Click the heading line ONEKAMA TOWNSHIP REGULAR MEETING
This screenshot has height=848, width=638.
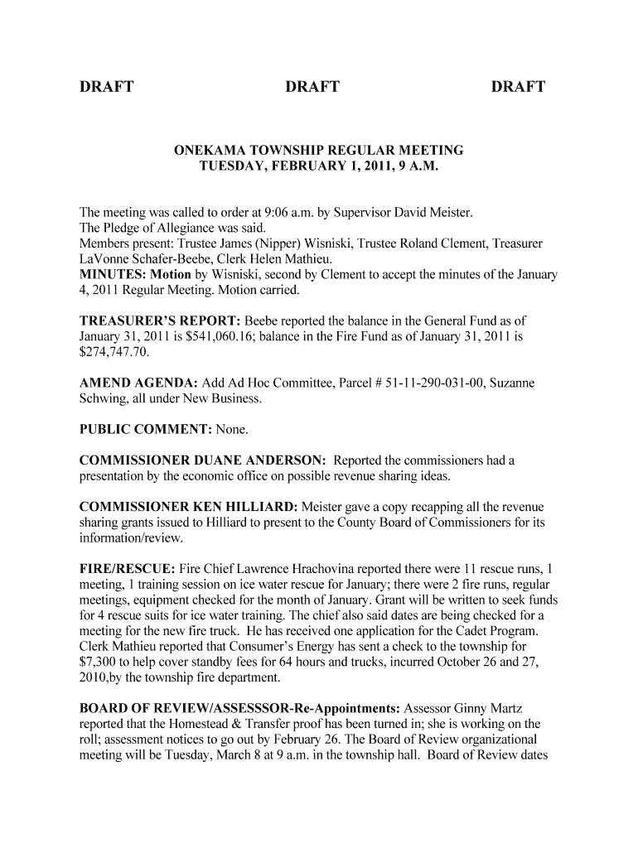point(318,151)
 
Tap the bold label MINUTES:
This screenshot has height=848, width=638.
point(110,275)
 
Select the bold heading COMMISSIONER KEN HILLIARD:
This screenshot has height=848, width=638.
point(189,506)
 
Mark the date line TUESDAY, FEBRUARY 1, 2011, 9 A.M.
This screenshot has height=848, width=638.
point(318,166)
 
